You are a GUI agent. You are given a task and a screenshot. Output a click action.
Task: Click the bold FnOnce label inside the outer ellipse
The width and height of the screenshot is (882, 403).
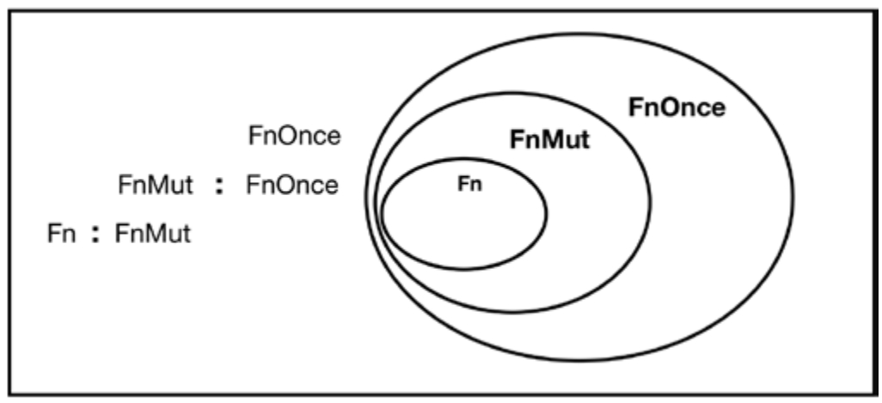(x=677, y=107)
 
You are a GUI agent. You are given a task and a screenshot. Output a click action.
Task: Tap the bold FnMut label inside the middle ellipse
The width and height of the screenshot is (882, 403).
(x=549, y=140)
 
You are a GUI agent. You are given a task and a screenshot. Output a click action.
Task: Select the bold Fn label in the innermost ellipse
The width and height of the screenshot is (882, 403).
(x=469, y=185)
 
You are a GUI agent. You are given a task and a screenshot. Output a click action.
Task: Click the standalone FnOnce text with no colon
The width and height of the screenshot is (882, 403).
(x=294, y=136)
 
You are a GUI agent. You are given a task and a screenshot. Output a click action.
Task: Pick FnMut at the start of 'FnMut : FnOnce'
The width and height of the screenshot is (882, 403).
(x=156, y=185)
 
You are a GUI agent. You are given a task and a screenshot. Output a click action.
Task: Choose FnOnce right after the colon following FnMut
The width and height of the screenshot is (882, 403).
(x=292, y=185)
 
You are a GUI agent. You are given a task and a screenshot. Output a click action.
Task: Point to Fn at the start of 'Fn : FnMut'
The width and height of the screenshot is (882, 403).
(x=61, y=234)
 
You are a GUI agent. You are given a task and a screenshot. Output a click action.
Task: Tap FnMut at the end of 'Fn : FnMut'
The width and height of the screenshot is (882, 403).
(x=152, y=234)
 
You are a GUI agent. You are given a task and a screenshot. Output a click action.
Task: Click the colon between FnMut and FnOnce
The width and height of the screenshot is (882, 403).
(x=220, y=187)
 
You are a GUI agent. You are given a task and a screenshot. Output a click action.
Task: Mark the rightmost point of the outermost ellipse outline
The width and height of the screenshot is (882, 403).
(x=793, y=197)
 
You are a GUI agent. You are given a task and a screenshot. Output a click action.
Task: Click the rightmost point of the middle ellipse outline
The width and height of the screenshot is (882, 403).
(x=650, y=202)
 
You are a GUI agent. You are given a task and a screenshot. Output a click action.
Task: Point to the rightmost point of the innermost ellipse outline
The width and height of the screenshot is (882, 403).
(x=546, y=214)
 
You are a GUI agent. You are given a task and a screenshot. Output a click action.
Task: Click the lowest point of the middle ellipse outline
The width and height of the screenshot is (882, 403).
(x=512, y=311)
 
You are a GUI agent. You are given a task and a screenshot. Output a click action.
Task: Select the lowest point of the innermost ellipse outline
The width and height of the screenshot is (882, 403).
(x=463, y=269)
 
